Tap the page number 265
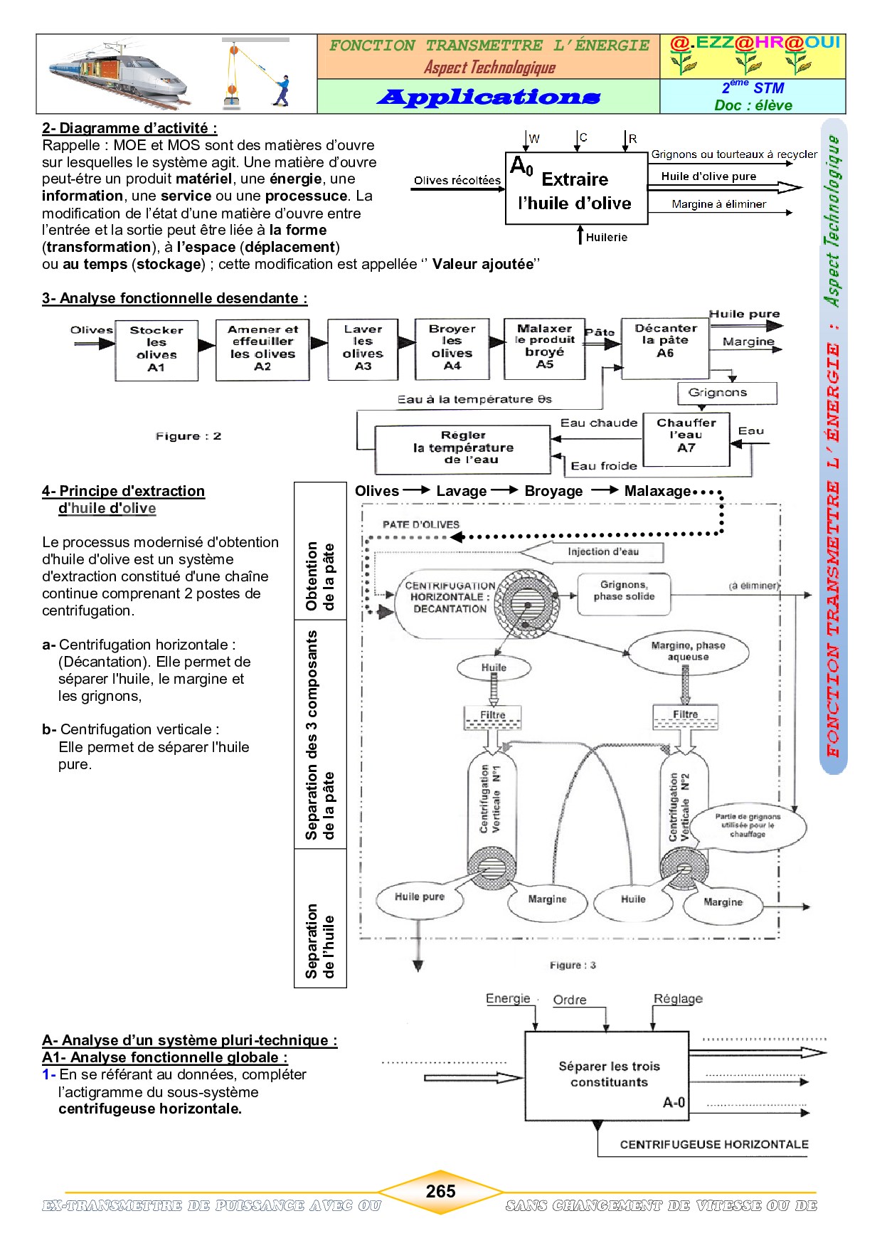coord(440,1191)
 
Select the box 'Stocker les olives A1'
coord(156,349)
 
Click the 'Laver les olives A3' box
coord(363,349)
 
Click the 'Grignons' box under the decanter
coord(718,393)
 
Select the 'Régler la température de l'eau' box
coord(463,448)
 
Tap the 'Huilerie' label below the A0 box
coord(607,238)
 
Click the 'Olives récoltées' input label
coord(457,181)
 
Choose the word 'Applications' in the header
coord(489,97)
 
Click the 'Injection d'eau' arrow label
coord(602,552)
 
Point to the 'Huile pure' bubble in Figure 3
coord(420,897)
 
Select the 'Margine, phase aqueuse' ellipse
coord(688,651)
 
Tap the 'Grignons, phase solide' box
coord(624,591)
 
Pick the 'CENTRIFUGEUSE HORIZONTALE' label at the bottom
coord(713,1144)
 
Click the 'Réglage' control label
coord(678,999)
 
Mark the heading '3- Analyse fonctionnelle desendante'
coord(174,299)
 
